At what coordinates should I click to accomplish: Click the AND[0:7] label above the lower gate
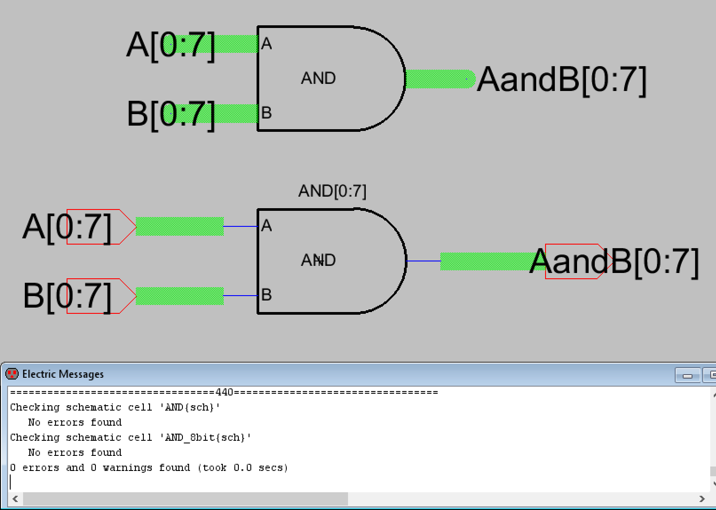pyautogui.click(x=332, y=191)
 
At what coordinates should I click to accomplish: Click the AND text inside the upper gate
pyautogui.click(x=318, y=78)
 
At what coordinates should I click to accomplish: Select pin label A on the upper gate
pyautogui.click(x=266, y=43)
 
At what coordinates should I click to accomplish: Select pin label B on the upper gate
pyautogui.click(x=266, y=113)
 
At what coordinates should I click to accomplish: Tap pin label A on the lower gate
pyautogui.click(x=266, y=225)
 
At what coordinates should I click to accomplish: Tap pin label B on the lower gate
pyautogui.click(x=266, y=295)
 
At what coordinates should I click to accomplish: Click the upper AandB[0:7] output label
pyautogui.click(x=561, y=80)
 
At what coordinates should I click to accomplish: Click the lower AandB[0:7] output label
pyautogui.click(x=614, y=261)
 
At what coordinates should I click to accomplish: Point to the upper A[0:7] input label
pyautogui.click(x=170, y=45)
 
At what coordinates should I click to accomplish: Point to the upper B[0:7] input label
pyautogui.click(x=170, y=114)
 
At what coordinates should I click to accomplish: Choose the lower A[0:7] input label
pyautogui.click(x=67, y=227)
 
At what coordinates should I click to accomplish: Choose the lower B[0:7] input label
pyautogui.click(x=67, y=296)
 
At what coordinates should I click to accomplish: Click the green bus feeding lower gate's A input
pyautogui.click(x=179, y=226)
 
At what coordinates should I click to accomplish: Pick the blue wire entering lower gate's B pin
pyautogui.click(x=240, y=296)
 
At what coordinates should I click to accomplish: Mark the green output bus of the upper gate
pyautogui.click(x=439, y=79)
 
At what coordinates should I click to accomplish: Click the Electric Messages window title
pyautogui.click(x=63, y=374)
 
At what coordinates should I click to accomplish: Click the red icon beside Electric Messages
pyautogui.click(x=12, y=374)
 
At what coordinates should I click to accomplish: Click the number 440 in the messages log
pyautogui.click(x=225, y=392)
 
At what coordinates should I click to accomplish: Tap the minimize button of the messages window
pyautogui.click(x=687, y=376)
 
